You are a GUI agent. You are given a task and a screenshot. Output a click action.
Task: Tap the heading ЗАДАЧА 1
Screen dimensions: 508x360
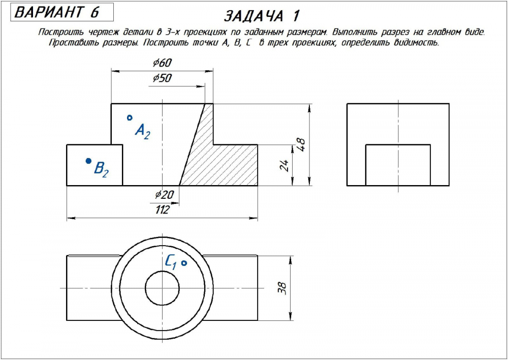pos(261,16)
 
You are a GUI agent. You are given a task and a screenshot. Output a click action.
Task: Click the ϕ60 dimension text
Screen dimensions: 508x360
pos(162,63)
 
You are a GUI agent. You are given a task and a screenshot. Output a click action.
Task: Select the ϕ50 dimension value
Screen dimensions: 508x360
pos(162,78)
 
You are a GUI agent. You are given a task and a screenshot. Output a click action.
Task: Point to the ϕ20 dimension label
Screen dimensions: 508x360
pos(164,195)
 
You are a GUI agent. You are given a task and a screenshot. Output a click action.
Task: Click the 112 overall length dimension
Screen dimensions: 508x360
pos(162,210)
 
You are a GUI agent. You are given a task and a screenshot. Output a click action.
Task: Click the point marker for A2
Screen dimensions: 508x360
pos(130,118)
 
